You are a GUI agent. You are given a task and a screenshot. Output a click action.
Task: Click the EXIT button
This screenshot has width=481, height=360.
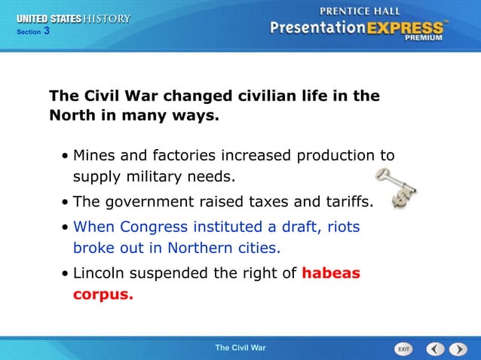(x=404, y=349)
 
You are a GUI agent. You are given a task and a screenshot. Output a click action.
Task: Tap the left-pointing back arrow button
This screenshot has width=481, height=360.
(x=435, y=349)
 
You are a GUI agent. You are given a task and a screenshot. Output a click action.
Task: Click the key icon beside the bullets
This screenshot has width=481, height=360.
(x=395, y=188)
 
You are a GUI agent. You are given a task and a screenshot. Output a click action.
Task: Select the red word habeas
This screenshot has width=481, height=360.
(x=331, y=273)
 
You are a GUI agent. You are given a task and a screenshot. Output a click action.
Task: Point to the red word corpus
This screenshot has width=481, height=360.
(x=103, y=294)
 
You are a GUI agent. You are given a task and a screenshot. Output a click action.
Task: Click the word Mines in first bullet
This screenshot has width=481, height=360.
(x=94, y=156)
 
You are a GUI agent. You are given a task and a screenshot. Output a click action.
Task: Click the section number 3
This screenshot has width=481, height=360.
(x=46, y=31)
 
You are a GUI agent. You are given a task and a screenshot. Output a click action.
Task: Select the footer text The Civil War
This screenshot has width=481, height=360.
(x=240, y=348)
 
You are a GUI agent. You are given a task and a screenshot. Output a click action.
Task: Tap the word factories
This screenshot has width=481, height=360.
(x=185, y=156)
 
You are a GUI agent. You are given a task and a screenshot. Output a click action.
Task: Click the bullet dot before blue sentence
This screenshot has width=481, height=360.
(x=66, y=227)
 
